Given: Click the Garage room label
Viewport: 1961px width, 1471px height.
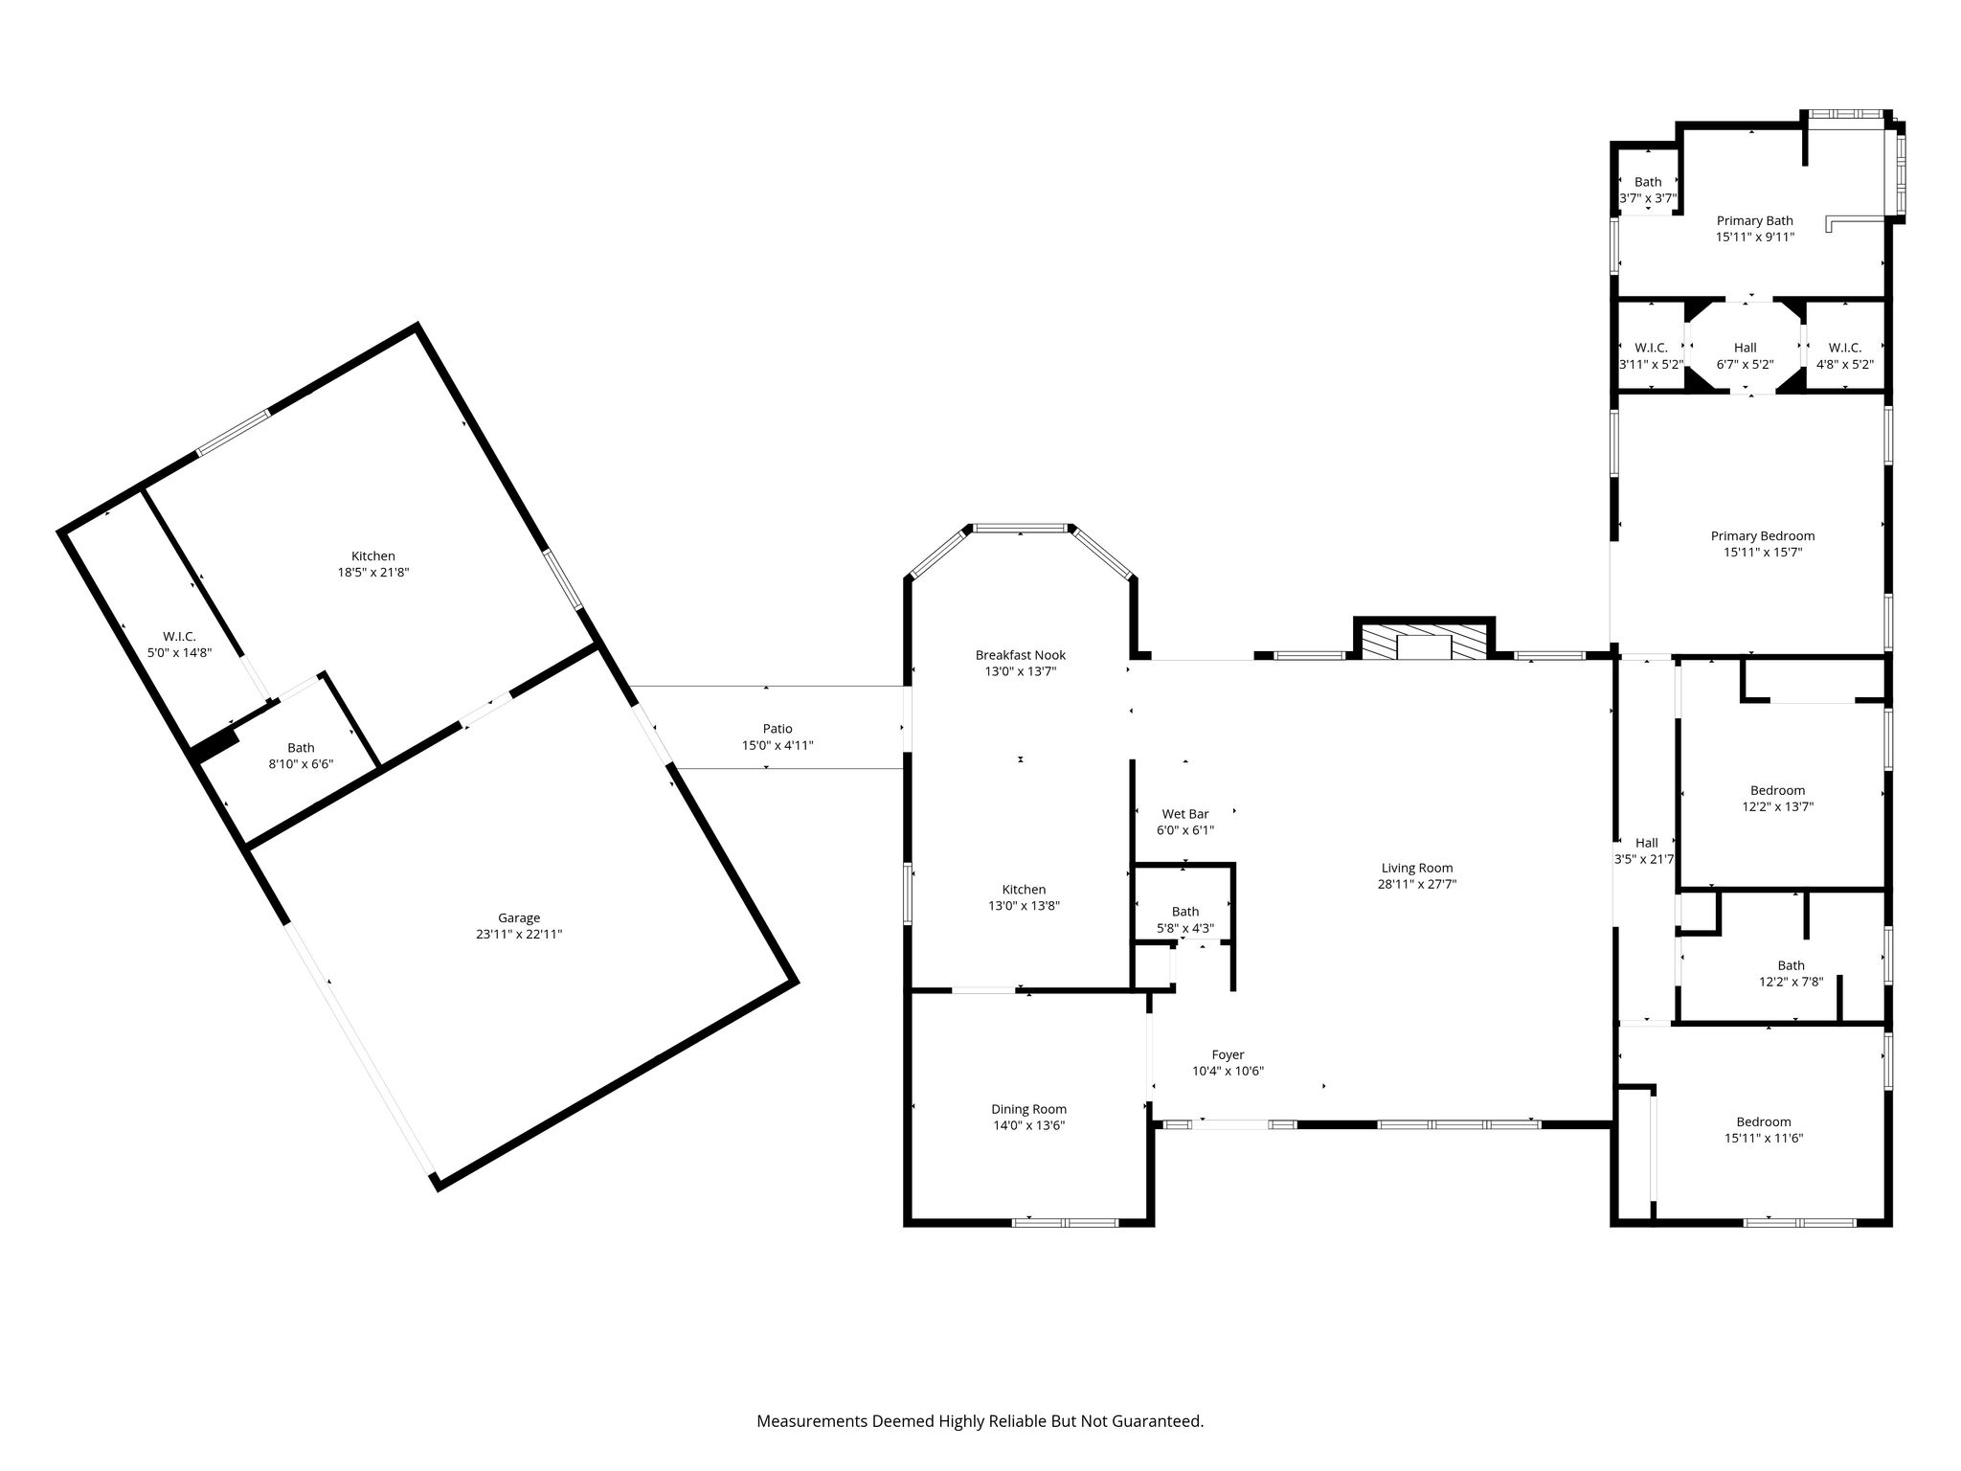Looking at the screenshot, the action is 519,917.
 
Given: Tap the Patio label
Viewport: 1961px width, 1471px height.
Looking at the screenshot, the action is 778,729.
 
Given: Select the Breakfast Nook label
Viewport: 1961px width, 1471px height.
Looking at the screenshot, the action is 1021,655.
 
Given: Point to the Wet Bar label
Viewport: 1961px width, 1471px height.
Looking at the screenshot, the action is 1185,814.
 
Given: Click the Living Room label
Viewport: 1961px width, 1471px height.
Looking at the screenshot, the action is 1417,869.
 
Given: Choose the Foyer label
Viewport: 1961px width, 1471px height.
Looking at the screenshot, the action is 1228,1055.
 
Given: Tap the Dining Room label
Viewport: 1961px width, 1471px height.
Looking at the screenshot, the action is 1029,1109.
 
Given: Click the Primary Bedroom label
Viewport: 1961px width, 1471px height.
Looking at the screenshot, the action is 1763,536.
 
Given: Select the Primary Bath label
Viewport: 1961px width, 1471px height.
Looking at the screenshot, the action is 1755,220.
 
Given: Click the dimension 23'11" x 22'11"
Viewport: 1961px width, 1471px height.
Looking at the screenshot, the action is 519,934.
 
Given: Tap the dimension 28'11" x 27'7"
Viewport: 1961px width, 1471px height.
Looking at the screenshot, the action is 1417,885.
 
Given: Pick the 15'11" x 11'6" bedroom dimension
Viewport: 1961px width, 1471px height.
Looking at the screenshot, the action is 1764,1138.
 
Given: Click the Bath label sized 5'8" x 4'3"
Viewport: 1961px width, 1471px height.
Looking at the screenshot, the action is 1185,912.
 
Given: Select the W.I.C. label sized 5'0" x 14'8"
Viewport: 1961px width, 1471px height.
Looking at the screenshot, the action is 179,636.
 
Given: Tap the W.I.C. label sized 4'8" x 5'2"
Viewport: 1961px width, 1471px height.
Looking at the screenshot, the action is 1845,348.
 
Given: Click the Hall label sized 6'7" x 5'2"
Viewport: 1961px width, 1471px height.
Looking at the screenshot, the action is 1746,348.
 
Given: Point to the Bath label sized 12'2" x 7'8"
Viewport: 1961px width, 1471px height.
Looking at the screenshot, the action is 1792,965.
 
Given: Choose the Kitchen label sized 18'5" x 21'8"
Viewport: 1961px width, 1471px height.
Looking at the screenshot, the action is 373,555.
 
